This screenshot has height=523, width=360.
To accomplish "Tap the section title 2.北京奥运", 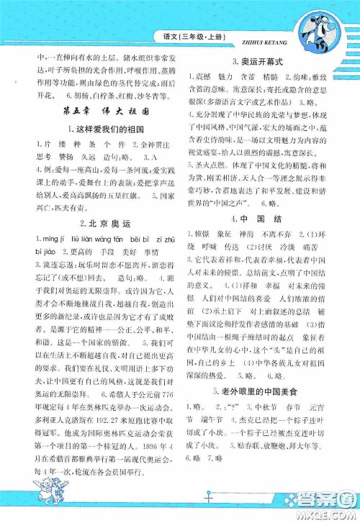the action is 91,224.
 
